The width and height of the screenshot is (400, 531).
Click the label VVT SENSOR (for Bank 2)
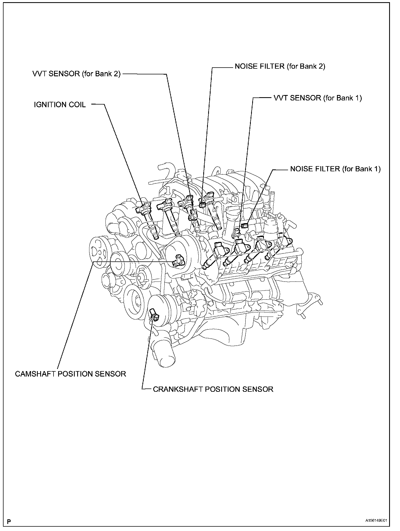[x=76, y=74]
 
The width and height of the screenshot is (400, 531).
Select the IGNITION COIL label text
[x=60, y=105]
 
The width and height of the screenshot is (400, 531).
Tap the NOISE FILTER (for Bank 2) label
[x=280, y=67]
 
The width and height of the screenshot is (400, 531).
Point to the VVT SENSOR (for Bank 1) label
[x=318, y=98]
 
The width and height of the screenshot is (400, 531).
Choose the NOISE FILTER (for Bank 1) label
[x=335, y=169]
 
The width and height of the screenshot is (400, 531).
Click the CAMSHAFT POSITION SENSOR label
[x=70, y=374]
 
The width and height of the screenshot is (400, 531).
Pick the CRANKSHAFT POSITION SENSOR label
[x=213, y=389]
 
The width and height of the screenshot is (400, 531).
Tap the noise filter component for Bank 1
[x=244, y=225]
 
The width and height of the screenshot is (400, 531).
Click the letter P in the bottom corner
[x=9, y=521]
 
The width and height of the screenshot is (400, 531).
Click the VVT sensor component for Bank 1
[x=237, y=231]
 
